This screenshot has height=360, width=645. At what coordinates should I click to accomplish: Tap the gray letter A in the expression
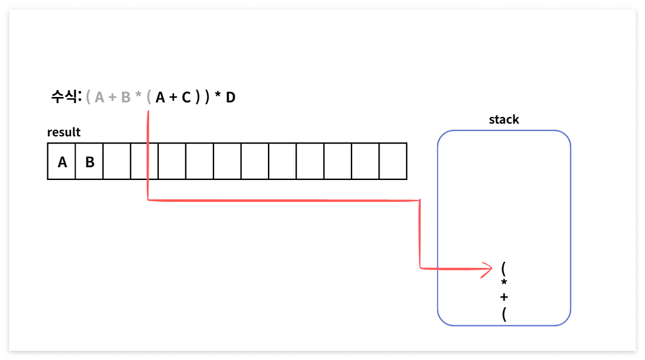(99, 97)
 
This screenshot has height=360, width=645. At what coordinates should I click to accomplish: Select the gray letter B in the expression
(126, 97)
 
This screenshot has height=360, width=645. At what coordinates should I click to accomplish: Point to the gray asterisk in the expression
(138, 96)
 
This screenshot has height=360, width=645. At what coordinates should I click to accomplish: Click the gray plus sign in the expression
(113, 97)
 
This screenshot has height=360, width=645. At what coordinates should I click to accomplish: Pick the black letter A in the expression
(160, 97)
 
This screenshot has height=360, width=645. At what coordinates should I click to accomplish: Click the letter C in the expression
(186, 97)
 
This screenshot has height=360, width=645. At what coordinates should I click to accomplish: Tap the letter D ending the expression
(230, 97)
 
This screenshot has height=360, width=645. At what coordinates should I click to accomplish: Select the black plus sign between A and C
(173, 97)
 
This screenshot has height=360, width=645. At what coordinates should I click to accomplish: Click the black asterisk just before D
(218, 96)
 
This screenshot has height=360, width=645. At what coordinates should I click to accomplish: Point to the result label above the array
(64, 132)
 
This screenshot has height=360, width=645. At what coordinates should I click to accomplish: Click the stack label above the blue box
(504, 119)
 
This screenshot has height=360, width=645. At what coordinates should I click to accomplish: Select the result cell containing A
(62, 162)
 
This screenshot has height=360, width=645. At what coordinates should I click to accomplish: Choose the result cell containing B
(89, 162)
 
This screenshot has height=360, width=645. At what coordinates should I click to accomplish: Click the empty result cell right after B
(117, 162)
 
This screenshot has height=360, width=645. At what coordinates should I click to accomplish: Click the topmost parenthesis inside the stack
(504, 267)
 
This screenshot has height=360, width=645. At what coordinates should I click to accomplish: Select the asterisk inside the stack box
(504, 283)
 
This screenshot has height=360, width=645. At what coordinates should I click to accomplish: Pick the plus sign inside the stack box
(504, 298)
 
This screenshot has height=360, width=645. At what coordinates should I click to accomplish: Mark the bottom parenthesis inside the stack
(504, 315)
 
